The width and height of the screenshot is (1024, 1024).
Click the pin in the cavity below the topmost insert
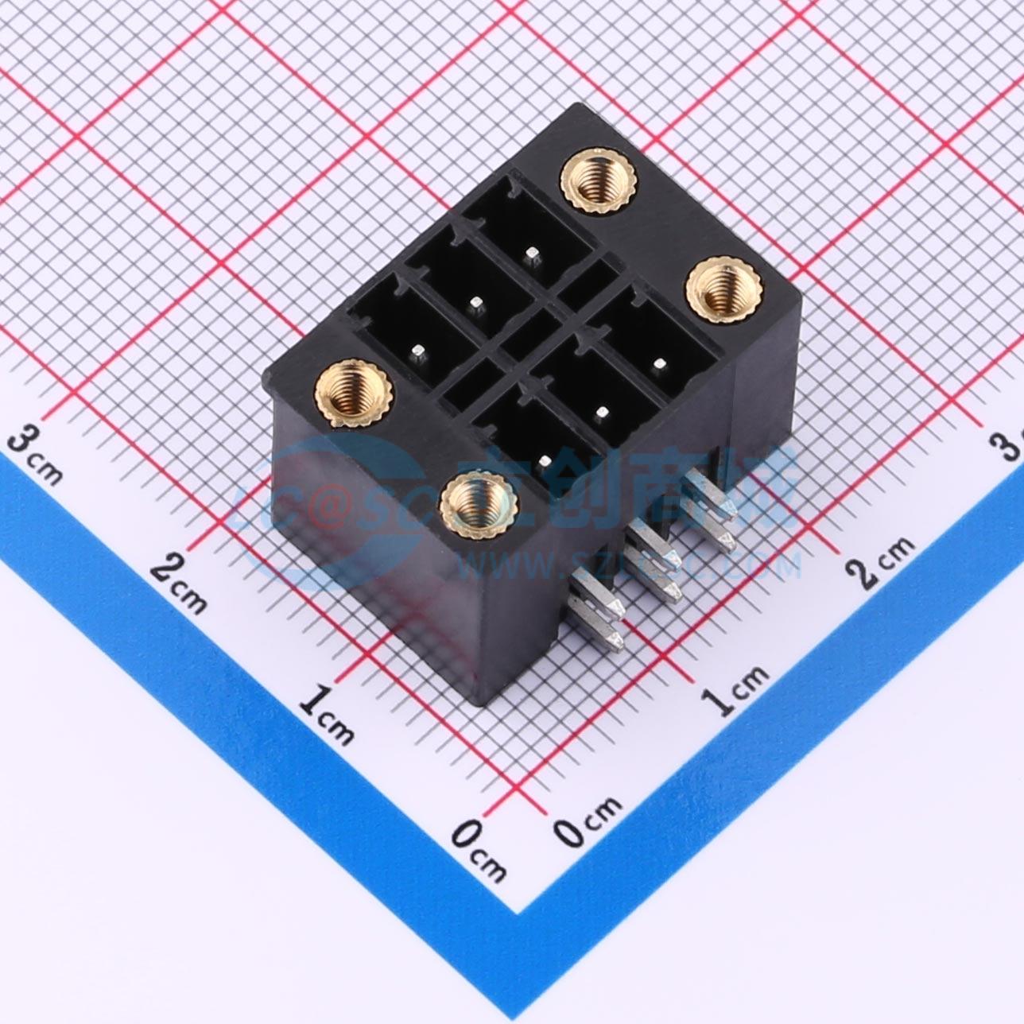(531, 254)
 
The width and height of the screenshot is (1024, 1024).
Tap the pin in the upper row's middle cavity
(476, 302)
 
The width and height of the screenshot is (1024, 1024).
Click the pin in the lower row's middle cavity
(602, 412)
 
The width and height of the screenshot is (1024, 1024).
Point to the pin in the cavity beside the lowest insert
(545, 460)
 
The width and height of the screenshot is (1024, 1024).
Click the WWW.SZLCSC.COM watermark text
(628, 564)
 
